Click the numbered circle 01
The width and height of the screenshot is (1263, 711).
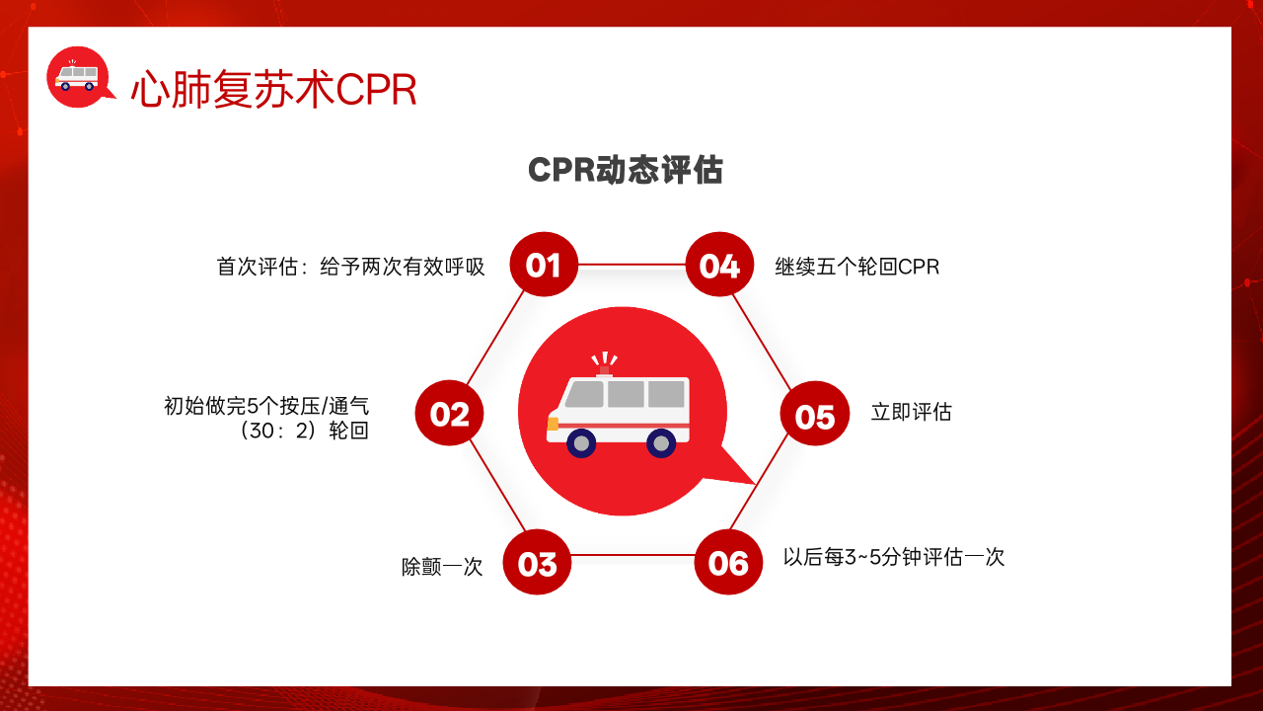click(x=544, y=264)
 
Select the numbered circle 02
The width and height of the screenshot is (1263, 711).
click(x=449, y=413)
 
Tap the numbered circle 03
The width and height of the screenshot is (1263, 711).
click(x=537, y=562)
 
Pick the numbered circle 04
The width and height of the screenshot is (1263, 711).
click(x=719, y=264)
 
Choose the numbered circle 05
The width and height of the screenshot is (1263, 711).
click(x=815, y=414)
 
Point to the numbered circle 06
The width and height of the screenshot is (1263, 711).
click(x=728, y=562)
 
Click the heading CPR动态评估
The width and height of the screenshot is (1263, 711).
click(x=626, y=169)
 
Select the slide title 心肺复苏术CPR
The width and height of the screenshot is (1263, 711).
click(x=274, y=89)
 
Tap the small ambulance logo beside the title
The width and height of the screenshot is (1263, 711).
click(x=79, y=77)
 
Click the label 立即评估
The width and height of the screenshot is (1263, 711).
click(x=911, y=412)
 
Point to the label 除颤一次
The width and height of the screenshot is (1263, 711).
click(x=442, y=567)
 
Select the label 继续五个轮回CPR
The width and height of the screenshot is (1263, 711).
click(x=857, y=267)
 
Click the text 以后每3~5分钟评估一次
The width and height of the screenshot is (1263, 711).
click(x=894, y=557)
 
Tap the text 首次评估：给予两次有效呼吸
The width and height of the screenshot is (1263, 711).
click(x=350, y=267)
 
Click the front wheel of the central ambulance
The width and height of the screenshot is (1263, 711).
click(x=581, y=443)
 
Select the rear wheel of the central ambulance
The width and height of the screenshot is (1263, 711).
click(x=661, y=443)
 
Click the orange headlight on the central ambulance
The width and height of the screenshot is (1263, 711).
click(x=553, y=424)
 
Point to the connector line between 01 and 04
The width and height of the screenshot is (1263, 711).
click(x=631, y=264)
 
